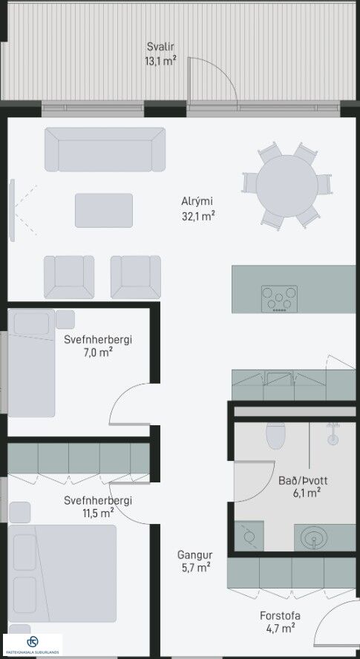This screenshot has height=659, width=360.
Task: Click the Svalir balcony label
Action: pos(160,46)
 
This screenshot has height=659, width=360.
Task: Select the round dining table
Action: pos(287,186)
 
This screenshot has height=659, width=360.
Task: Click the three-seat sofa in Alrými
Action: pos(105,150)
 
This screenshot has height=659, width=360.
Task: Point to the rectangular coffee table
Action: pos(104,211)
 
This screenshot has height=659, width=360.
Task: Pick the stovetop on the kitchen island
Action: pos(279,299)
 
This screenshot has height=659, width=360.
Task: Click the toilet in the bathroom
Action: pos(276,436)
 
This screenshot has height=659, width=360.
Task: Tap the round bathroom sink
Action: pos(315,538)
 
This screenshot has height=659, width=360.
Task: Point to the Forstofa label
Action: pos(280,616)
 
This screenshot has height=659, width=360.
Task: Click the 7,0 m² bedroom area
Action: pos(98,353)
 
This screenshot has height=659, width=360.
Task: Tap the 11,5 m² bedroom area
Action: pos(98,513)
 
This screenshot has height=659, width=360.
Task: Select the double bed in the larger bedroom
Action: pos(62,573)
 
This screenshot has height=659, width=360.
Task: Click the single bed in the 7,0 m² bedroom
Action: pos(31,363)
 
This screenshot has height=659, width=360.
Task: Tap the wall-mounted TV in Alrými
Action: pos(12,211)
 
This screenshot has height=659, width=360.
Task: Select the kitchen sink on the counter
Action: pos(279,378)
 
